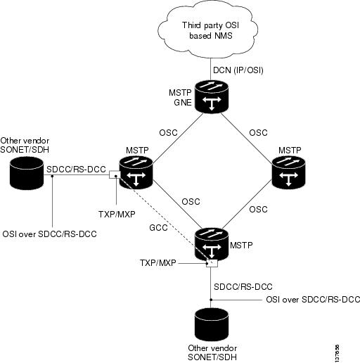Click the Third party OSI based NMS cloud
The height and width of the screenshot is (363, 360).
point(208,30)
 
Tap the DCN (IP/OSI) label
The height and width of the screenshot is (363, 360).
point(238,70)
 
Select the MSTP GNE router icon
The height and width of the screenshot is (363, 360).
point(212,97)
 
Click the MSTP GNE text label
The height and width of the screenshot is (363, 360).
point(180,98)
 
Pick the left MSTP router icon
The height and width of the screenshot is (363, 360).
point(136,172)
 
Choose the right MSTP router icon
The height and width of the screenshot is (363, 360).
point(288,172)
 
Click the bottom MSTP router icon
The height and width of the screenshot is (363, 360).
point(212,245)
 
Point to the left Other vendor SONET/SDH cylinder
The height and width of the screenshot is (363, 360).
point(27,173)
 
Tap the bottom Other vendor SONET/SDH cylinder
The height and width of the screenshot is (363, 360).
point(212,325)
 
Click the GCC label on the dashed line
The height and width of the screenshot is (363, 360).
point(158,228)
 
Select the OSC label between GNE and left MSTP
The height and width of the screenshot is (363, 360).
point(168,133)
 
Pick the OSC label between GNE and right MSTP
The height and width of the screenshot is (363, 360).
point(258,133)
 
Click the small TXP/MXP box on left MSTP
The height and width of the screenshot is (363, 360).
point(115,174)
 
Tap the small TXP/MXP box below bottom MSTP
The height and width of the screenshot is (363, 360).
point(212,263)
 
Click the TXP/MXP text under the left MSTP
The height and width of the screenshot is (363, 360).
point(117,214)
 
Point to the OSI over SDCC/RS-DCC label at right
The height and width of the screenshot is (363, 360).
point(313,300)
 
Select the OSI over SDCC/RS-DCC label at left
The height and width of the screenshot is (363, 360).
point(49,234)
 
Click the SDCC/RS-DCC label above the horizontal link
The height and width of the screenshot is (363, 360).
point(76,170)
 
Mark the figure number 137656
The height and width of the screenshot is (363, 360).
point(337,353)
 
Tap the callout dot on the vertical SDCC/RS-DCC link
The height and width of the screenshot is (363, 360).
point(211,300)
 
